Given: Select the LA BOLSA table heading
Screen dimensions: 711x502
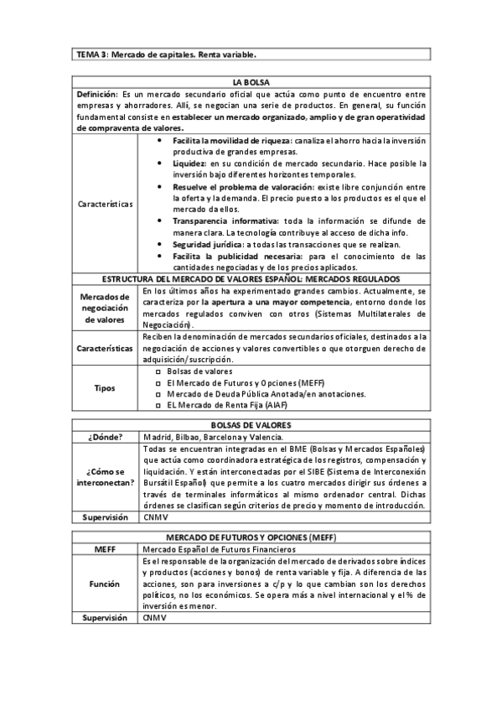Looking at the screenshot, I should coord(251,82).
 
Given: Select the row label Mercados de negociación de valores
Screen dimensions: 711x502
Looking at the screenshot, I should coord(106,308).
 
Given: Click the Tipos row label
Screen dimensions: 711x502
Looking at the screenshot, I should coord(106,387).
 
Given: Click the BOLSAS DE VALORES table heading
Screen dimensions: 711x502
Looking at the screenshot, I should coord(251,425).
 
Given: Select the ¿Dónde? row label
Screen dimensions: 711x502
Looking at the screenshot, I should coord(106,437).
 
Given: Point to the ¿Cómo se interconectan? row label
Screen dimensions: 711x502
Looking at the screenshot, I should coord(106,478).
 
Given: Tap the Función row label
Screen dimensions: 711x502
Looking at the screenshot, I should coord(106,583).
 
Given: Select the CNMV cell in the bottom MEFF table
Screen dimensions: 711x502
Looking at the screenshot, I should coord(154,617).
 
